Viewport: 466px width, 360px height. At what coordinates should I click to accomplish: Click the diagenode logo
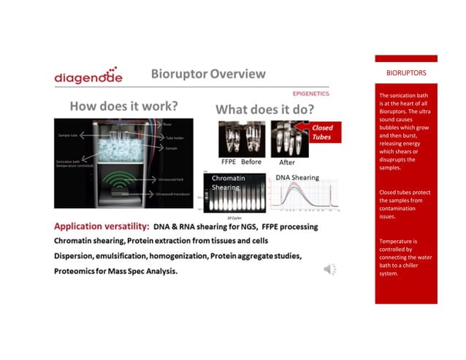click(88, 77)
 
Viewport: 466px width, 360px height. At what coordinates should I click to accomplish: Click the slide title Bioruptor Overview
click(208, 74)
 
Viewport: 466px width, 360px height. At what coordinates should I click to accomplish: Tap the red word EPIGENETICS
click(310, 93)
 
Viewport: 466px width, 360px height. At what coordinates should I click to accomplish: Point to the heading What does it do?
click(264, 110)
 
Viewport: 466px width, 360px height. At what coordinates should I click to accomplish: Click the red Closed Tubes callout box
click(322, 132)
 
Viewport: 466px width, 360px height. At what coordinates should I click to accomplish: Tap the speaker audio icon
click(330, 269)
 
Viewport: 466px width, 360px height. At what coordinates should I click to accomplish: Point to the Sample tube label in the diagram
click(70, 136)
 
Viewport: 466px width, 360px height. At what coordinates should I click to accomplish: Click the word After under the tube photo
click(288, 162)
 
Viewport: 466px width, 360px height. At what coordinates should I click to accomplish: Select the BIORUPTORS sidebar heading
click(406, 74)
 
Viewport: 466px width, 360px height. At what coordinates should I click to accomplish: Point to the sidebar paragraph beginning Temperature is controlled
click(406, 257)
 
